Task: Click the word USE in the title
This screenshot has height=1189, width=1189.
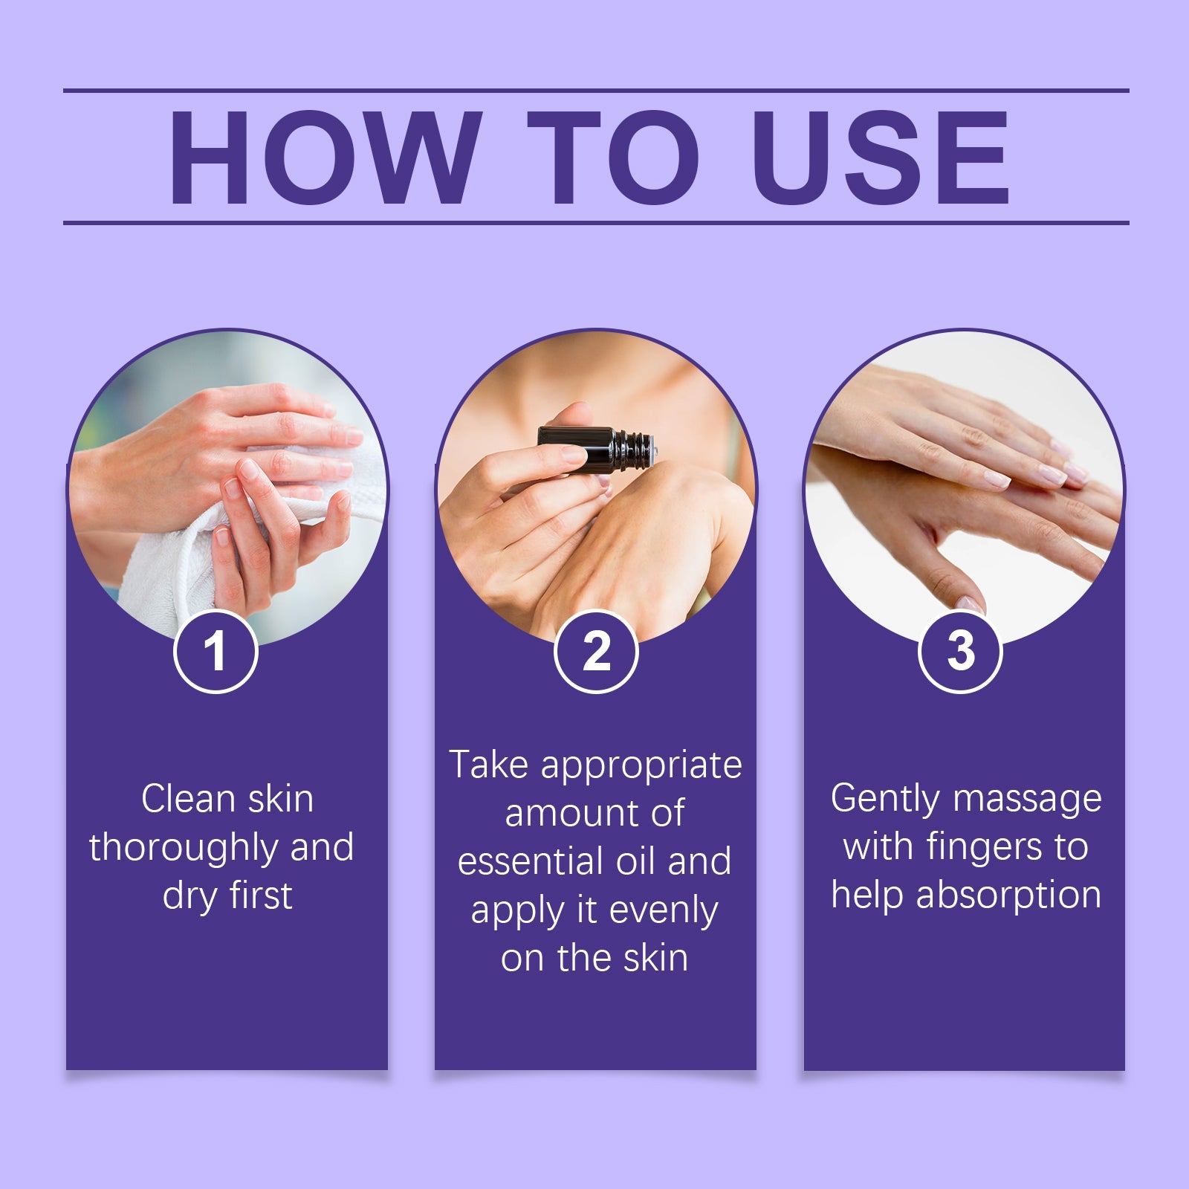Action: [x=881, y=158]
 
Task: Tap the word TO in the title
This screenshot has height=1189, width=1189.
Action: [x=614, y=158]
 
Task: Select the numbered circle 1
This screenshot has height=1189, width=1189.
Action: [x=216, y=651]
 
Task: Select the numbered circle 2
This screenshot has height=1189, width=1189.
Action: [x=596, y=651]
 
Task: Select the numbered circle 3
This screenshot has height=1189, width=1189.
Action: [x=960, y=651]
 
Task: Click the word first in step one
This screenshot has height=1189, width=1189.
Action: [x=260, y=895]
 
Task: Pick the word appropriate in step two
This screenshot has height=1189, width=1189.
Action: [x=641, y=766]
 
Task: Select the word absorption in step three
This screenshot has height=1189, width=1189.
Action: [x=1008, y=896]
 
